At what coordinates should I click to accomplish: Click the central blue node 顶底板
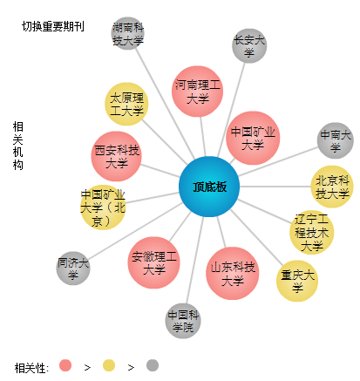coord(209,187)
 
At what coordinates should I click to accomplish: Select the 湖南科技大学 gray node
coord(128,33)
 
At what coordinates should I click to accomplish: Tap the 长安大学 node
coord(249,45)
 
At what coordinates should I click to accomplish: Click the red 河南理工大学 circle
coord(197,92)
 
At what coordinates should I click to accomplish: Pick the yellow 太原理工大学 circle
coord(126,104)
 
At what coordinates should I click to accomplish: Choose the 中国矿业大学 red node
coord(253,138)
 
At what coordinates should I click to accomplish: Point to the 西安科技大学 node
coord(117,156)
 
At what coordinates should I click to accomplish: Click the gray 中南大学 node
coord(336,140)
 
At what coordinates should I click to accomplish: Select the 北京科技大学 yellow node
coord(332,187)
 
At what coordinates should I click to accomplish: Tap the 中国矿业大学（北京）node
coord(103,208)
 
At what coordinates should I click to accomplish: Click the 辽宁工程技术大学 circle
coord(312,232)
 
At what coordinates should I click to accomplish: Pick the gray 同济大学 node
coord(73,268)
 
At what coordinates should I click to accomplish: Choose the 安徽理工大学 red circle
coord(153,262)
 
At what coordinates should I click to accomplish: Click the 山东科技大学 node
coord(233,273)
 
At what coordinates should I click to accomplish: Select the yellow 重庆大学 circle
coord(297,281)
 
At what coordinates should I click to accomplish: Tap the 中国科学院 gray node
coord(183,321)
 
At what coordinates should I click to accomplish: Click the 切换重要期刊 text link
coord(53,26)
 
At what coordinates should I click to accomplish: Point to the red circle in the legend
coord(65,365)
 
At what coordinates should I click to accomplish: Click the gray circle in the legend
coord(153,365)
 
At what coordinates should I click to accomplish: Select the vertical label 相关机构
coord(17,146)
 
